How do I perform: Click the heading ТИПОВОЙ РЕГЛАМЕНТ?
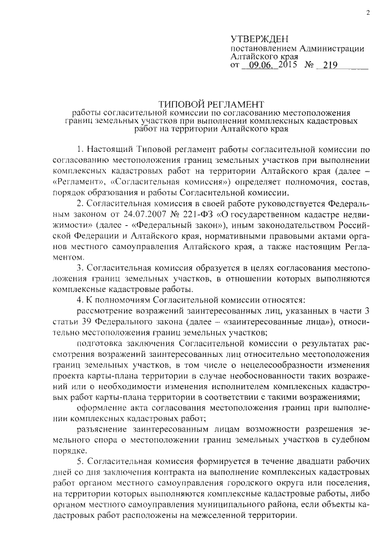point(211,103)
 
